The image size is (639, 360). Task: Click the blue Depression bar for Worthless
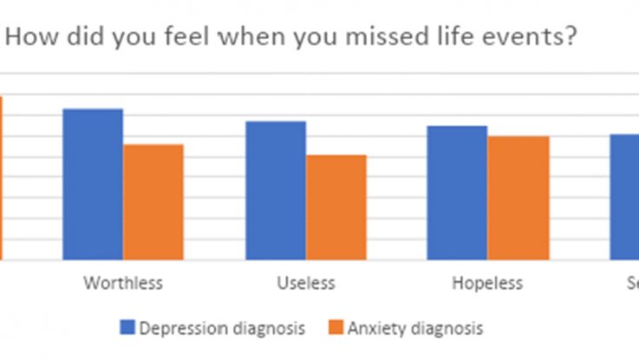coord(93,184)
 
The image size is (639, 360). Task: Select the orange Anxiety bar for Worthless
coord(153,201)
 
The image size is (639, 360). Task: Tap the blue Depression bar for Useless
coord(276,190)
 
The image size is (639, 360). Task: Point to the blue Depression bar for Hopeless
coord(457,193)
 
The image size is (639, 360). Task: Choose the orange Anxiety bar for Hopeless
coord(518,198)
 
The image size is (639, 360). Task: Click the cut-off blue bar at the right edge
coord(624,197)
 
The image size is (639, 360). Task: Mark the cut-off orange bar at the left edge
coord(2,178)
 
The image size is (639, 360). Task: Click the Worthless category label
coord(122,284)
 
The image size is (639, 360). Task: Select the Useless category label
coord(305,284)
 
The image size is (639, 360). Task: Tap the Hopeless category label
coord(487,284)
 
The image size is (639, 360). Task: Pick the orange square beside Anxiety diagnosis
coord(336,328)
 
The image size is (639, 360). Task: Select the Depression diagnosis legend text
coord(222,328)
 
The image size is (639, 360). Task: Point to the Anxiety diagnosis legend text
coord(415,328)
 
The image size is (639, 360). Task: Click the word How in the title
coord(29,38)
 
